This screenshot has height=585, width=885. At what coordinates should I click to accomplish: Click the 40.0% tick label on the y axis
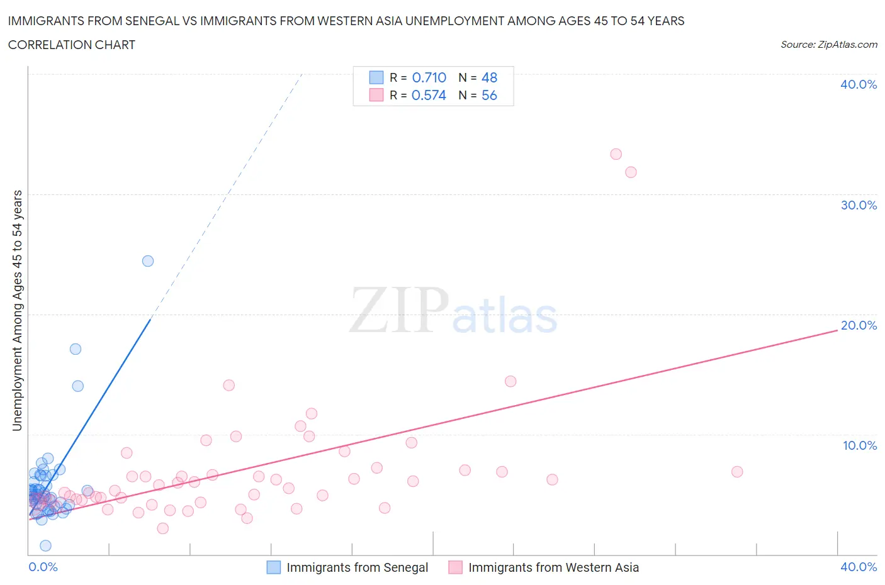858,84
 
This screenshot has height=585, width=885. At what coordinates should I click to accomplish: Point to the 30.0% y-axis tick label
858,205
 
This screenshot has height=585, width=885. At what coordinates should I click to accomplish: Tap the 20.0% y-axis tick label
858,325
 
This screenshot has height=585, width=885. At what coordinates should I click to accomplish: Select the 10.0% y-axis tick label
859,445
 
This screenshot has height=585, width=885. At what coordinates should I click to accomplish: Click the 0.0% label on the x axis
43,567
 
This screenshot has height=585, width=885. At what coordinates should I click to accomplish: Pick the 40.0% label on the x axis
858,567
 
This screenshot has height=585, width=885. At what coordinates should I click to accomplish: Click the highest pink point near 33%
616,154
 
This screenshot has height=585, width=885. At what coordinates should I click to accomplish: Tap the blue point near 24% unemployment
148,261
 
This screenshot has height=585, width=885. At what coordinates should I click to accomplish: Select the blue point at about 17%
76,349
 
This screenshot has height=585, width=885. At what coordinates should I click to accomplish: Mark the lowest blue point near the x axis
45,545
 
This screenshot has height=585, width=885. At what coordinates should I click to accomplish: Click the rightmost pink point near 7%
737,472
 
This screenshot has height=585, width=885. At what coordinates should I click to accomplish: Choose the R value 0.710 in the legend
429,77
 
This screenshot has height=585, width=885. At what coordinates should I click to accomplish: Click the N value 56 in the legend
489,95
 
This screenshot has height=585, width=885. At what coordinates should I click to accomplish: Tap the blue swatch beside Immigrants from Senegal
274,567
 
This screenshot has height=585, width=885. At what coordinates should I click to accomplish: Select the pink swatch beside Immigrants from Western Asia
455,567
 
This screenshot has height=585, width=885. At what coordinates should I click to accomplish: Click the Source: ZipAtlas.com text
828,45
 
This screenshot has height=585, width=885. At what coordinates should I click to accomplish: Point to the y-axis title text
17,310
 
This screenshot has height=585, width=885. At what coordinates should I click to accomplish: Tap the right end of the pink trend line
837,330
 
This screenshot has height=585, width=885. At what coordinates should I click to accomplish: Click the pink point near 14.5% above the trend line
510,381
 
